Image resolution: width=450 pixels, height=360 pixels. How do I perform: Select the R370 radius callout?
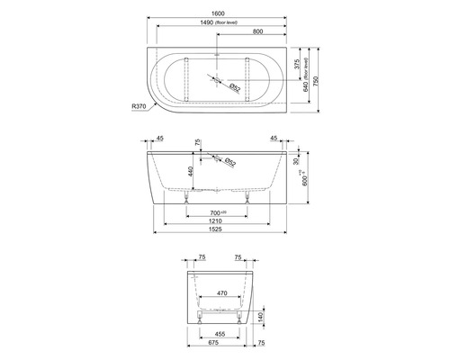pos(139,107)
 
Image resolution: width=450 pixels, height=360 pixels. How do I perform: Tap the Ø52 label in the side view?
pos(229,162)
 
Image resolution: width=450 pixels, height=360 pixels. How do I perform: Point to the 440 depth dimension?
pos(190,171)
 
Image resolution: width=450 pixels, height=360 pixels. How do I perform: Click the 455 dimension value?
pos(220,333)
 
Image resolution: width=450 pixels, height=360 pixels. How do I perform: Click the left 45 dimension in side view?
pos(160,139)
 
